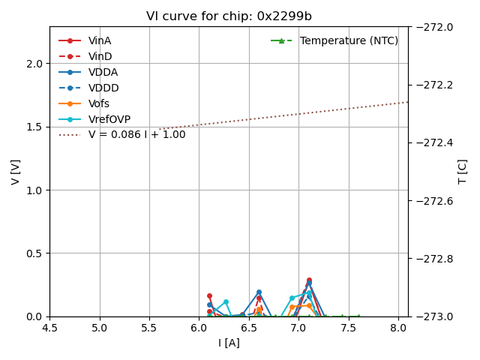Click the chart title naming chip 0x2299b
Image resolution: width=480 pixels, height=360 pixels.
[x=229, y=16]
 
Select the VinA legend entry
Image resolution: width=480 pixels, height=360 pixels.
[x=100, y=40]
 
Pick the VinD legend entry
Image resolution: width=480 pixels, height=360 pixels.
[x=100, y=56]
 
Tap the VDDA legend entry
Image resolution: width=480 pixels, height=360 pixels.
[x=103, y=72]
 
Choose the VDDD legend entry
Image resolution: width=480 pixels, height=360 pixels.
[x=103, y=88]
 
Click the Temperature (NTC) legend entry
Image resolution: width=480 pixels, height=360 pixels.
[x=349, y=40]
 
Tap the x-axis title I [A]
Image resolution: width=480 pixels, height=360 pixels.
[x=229, y=343]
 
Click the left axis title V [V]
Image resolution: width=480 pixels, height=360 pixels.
[x=16, y=172]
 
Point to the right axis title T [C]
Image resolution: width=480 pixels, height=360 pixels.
[x=462, y=172]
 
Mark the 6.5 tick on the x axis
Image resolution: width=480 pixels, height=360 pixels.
[x=249, y=328]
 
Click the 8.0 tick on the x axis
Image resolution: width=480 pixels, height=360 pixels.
[x=398, y=328]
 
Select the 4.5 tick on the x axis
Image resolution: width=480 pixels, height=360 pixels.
[x=50, y=328]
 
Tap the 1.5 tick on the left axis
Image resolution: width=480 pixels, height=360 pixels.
[x=34, y=127]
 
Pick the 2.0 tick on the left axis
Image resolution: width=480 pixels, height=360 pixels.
[x=34, y=64]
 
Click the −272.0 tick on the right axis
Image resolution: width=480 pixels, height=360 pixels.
[x=433, y=27]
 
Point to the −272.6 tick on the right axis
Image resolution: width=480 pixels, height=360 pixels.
[x=433, y=201]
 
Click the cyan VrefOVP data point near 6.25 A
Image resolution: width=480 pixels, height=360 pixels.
[x=226, y=302]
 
